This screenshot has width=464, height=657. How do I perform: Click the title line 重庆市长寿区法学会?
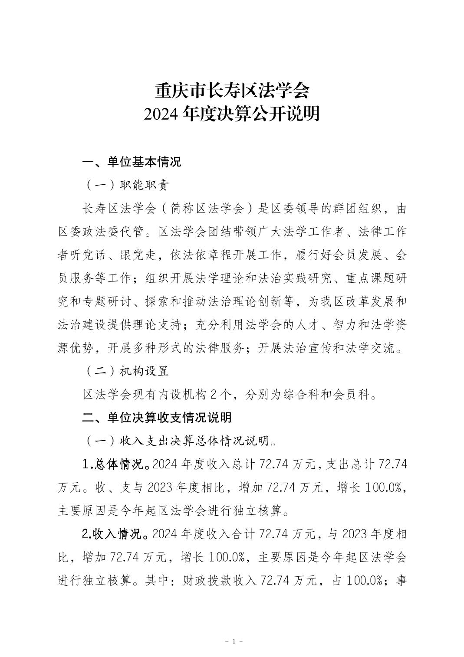point(232,92)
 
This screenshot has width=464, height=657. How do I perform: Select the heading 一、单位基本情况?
point(132,162)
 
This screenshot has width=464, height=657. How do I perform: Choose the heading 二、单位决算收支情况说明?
point(157,418)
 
